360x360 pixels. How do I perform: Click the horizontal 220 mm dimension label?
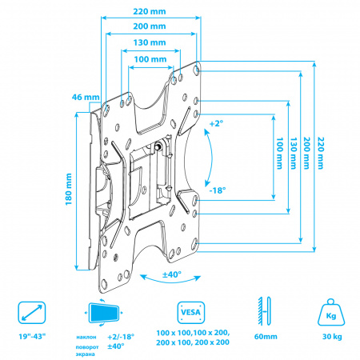click(150, 11)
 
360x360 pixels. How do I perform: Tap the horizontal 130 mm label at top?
click(150, 42)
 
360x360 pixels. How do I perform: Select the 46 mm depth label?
click(86, 97)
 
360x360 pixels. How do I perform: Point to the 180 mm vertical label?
click(69, 189)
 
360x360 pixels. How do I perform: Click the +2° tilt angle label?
click(216, 123)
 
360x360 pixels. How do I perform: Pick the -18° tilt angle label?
click(218, 190)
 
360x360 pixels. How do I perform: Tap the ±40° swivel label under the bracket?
click(172, 274)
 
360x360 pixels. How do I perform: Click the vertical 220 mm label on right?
click(320, 153)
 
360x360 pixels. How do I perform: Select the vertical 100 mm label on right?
click(279, 153)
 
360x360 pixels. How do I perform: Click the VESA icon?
click(190, 313)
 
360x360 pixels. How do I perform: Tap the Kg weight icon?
click(331, 312)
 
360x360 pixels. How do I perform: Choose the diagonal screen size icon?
click(32, 313)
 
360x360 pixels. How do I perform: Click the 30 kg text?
click(332, 337)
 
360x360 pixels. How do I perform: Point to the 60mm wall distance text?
click(266, 337)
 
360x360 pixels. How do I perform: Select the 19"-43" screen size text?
click(32, 337)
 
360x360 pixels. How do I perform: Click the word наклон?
click(86, 338)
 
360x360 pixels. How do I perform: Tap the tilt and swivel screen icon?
click(104, 313)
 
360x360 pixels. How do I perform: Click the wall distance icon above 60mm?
click(264, 311)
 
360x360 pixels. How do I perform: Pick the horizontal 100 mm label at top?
click(150, 59)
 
